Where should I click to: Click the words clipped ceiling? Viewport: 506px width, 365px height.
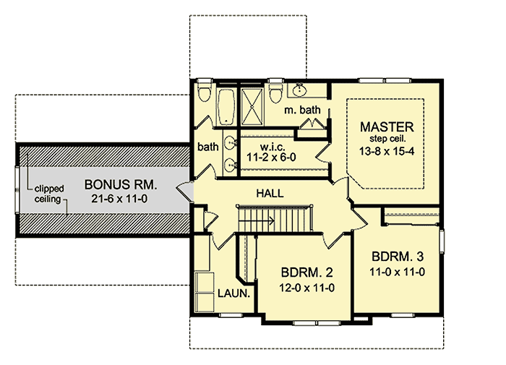[x=47, y=193]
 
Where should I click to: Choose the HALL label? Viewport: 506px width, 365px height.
[x=269, y=194]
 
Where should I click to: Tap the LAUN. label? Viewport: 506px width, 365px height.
[x=234, y=294]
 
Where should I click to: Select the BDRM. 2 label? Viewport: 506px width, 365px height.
[x=306, y=273]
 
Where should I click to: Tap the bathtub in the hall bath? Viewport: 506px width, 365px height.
[x=225, y=106]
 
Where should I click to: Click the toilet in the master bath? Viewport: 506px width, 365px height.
[x=275, y=93]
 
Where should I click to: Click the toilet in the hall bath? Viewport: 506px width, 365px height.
[x=205, y=93]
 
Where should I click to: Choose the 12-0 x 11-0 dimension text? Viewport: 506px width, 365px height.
[x=306, y=288]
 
